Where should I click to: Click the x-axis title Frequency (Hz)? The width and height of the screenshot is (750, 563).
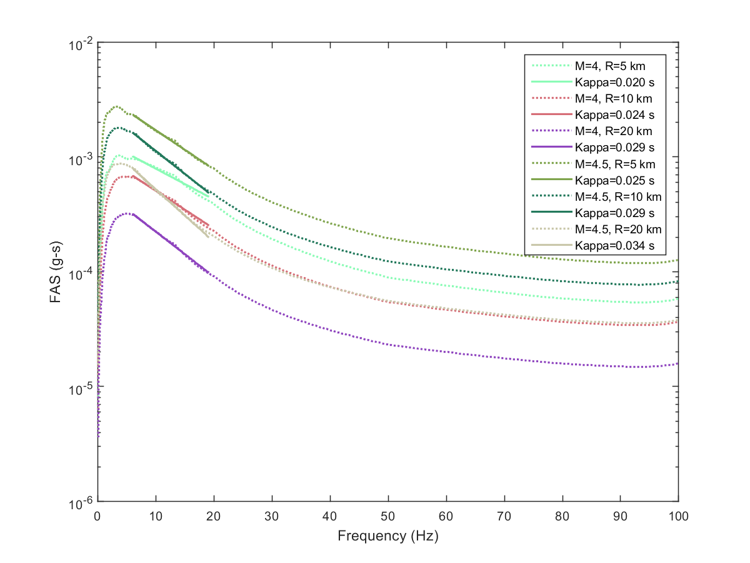pyautogui.click(x=387, y=536)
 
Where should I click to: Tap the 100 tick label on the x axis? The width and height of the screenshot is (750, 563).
pyautogui.click(x=678, y=516)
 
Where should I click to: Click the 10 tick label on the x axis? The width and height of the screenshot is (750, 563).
pyautogui.click(x=155, y=516)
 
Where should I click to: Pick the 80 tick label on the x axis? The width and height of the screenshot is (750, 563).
pyautogui.click(x=562, y=516)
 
